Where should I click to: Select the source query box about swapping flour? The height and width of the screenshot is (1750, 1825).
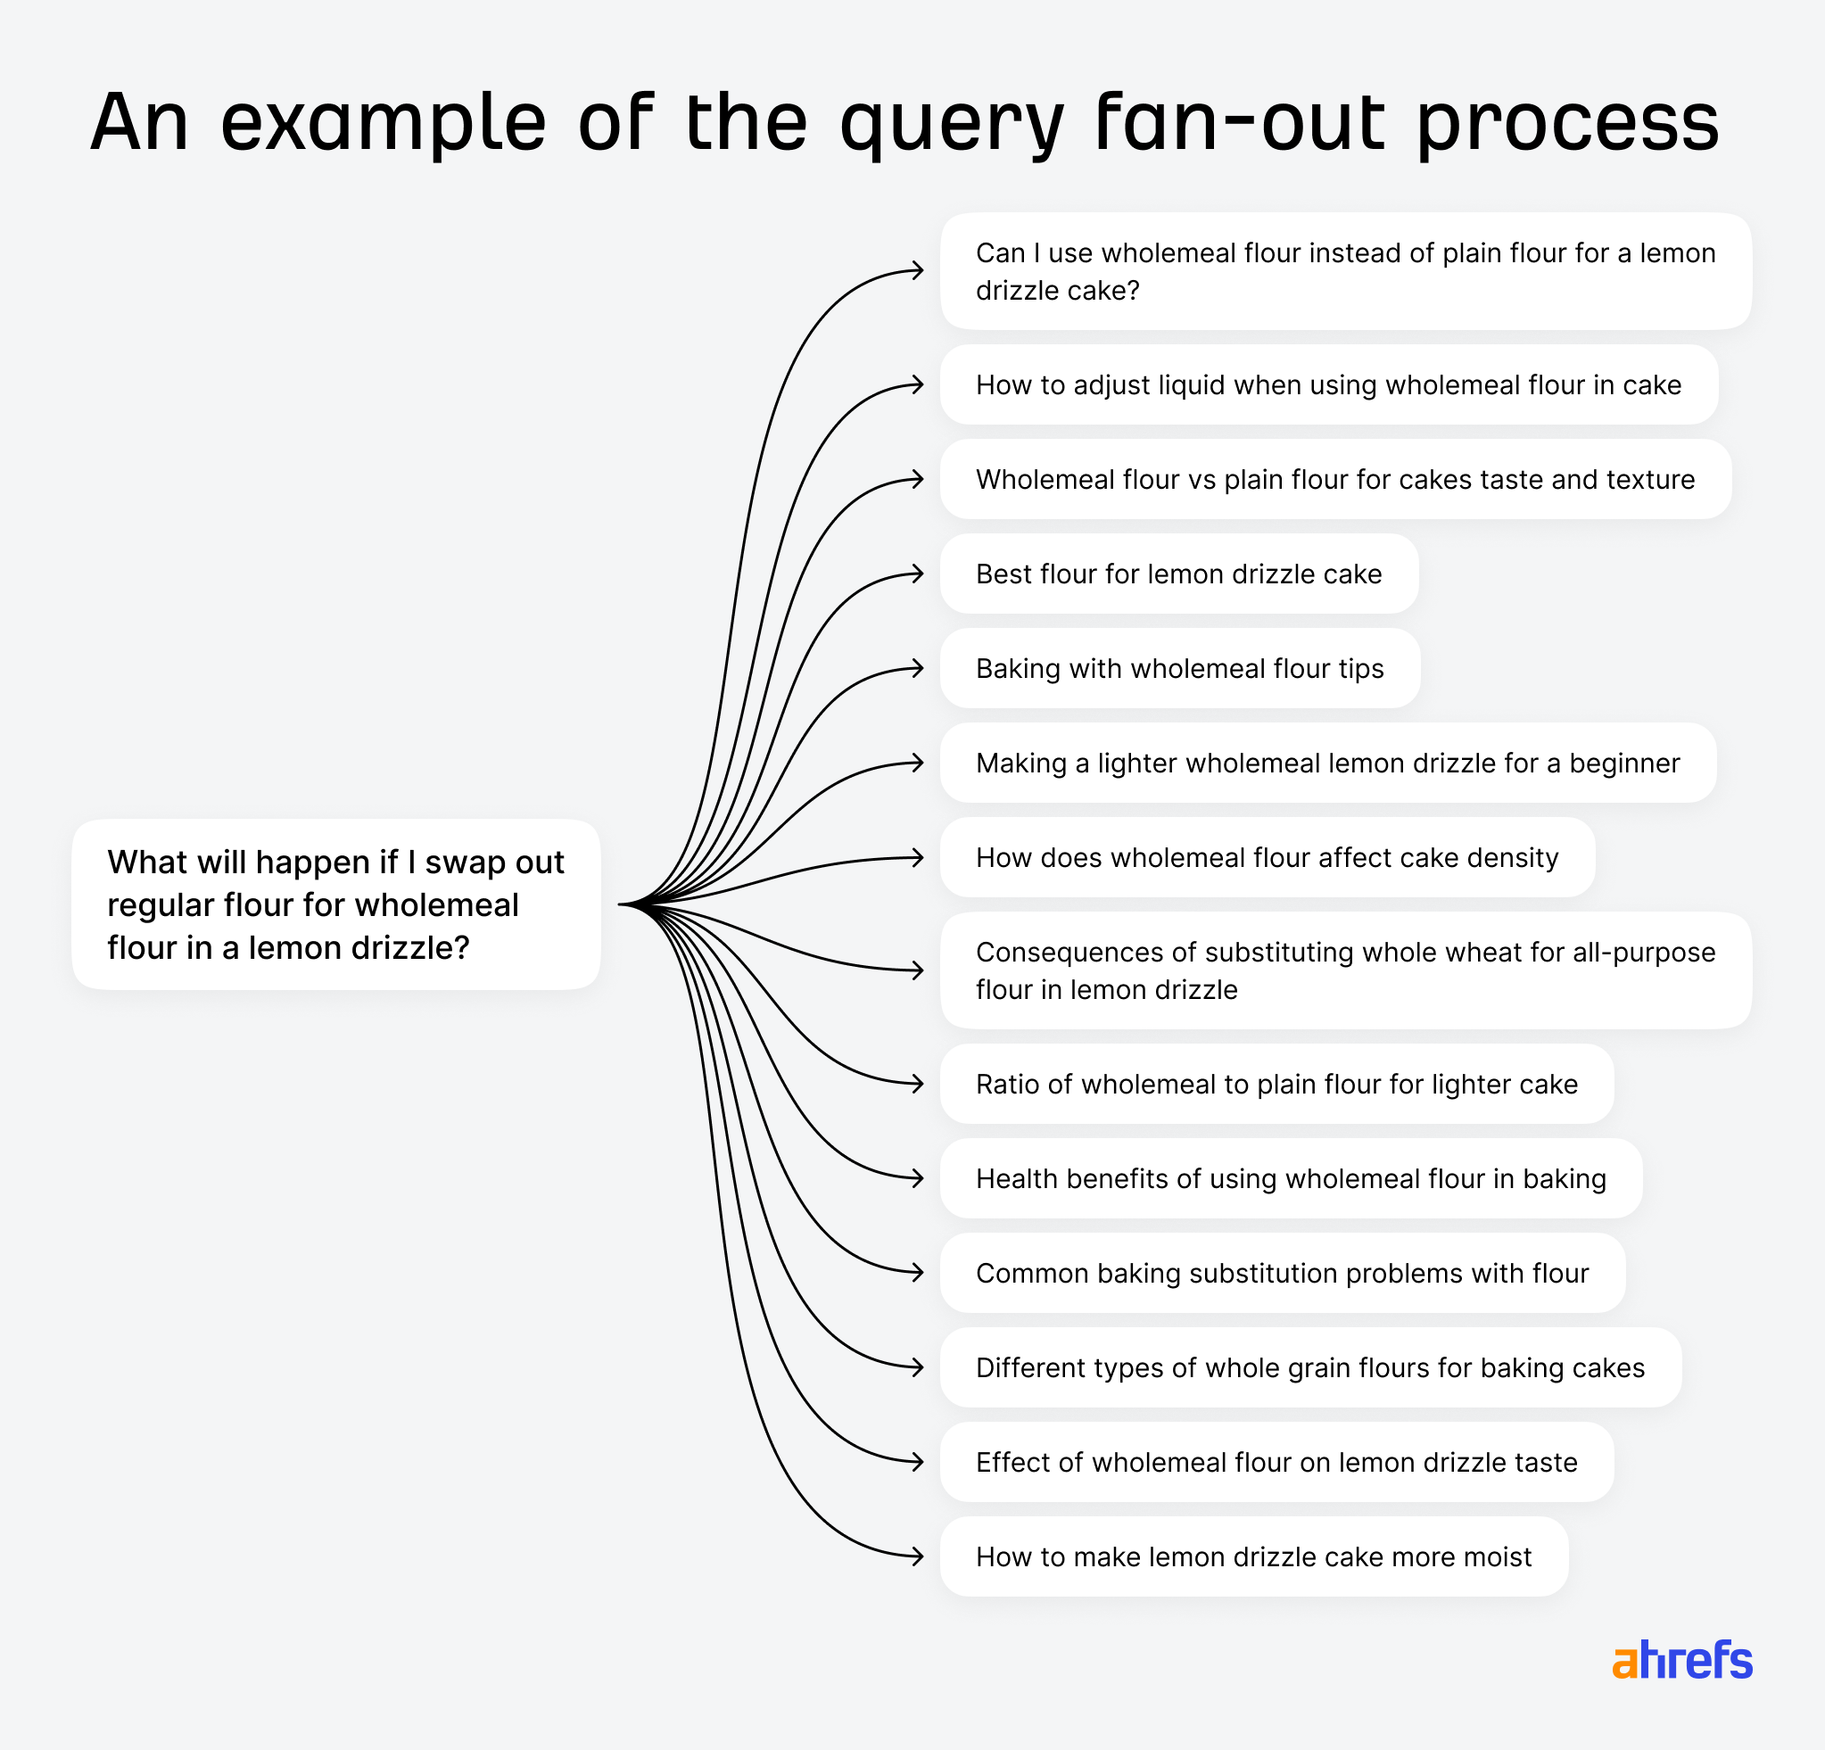coord(335,904)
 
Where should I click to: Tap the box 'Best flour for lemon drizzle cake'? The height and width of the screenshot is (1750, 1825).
coord(1179,574)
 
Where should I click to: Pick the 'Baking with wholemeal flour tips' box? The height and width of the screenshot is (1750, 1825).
coord(1179,668)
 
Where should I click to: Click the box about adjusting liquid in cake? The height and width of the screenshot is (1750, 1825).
coord(1328,384)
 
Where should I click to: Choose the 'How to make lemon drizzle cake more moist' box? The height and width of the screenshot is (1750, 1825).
coord(1253,1556)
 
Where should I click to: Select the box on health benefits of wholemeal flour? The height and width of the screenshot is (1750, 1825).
coord(1291,1178)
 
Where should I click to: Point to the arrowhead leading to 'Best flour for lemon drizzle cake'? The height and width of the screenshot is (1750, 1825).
coord(918,574)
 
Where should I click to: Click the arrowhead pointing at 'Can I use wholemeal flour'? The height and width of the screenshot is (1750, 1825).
coord(918,271)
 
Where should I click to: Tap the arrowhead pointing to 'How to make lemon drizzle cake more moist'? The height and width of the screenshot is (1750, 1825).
coord(918,1556)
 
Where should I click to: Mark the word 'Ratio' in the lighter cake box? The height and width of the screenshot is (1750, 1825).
coord(1006,1085)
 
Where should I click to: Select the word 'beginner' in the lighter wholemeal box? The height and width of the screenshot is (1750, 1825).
coord(1624,764)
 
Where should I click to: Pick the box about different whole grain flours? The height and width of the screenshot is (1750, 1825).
coord(1309,1367)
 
